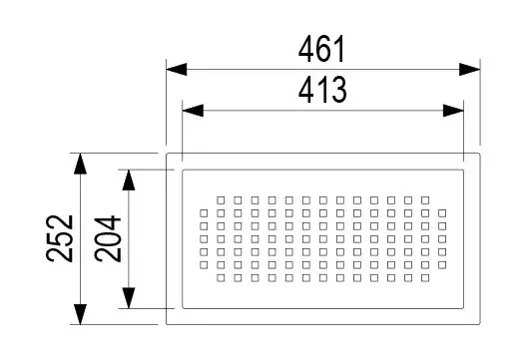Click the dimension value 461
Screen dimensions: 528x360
tap(321, 49)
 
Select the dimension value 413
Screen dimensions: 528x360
tap(322, 90)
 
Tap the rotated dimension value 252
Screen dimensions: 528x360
tap(60, 238)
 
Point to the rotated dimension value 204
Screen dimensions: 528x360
tap(108, 239)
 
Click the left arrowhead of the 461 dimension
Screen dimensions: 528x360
tap(177, 70)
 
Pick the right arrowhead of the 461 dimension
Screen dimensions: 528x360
tap(470, 70)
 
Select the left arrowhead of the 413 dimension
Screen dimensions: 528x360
tap(193, 111)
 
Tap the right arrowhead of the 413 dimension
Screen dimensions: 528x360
tap(453, 111)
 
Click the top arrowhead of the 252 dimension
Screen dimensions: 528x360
tap(80, 164)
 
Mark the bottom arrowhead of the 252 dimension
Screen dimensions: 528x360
tap(80, 314)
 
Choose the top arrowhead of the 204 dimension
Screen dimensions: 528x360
tap(129, 180)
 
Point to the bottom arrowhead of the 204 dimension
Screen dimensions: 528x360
tap(129, 298)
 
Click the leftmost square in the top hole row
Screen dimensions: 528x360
tap(221, 200)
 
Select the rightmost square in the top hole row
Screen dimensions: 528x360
tap(425, 200)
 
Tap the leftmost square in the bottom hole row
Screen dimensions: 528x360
tap(221, 278)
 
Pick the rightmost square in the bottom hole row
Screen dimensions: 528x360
tap(425, 278)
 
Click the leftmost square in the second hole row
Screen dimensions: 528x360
tap(204, 213)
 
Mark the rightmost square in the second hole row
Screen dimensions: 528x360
tap(442, 213)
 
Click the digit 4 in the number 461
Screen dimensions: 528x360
tap(306, 49)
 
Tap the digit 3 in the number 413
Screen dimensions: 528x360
tap(338, 90)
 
